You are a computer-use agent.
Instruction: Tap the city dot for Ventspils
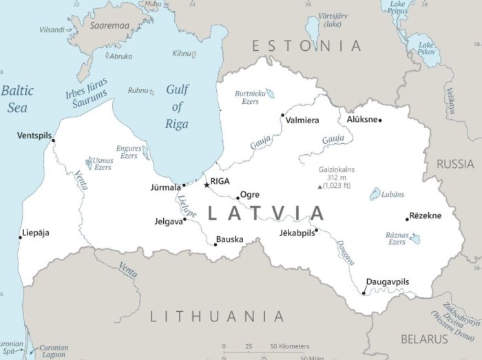click(x=54, y=140)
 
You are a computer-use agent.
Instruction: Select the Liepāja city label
click(x=36, y=233)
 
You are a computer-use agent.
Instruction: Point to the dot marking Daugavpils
click(x=364, y=293)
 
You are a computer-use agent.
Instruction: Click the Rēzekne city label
click(x=426, y=215)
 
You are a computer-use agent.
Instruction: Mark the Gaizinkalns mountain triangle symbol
click(x=319, y=187)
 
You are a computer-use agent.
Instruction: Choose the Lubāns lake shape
click(x=375, y=195)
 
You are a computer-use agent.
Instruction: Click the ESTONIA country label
click(x=306, y=46)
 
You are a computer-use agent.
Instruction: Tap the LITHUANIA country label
click(x=217, y=317)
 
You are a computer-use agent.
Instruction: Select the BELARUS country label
click(x=425, y=339)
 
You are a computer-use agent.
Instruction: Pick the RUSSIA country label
click(x=455, y=164)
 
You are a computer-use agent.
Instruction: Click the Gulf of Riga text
click(x=177, y=107)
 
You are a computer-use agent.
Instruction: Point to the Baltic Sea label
click(x=17, y=98)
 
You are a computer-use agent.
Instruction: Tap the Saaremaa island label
click(x=109, y=25)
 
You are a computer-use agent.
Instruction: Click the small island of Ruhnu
click(x=154, y=89)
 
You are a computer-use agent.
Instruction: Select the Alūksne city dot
click(x=380, y=120)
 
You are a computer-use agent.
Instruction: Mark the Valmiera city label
click(x=302, y=121)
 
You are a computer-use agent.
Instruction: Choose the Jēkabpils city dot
click(x=316, y=230)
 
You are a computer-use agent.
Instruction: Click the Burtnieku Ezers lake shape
click(x=269, y=93)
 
